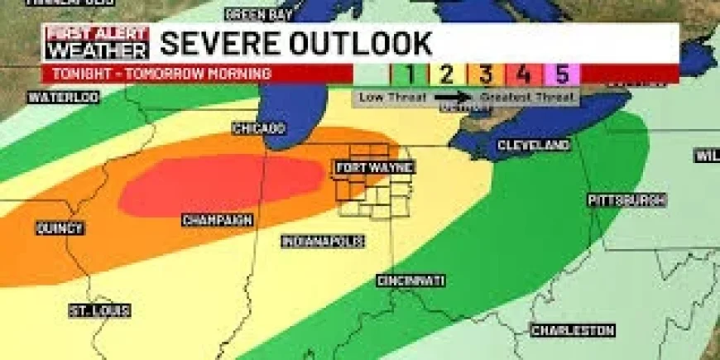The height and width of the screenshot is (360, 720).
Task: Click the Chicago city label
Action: click(x=258, y=129)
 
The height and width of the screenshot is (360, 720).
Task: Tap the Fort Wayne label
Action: click(x=375, y=168)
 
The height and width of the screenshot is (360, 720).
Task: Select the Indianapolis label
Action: click(x=322, y=242)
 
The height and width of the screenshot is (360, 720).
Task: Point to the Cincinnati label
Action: click(x=410, y=281)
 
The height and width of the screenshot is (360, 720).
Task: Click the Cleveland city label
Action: click(x=533, y=146)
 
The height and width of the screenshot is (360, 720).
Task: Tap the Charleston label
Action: click(x=573, y=331)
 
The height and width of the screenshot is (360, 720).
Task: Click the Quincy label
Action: click(x=60, y=228)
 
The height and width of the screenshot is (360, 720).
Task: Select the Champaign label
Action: click(x=217, y=220)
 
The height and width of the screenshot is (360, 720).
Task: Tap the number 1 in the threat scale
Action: click(x=408, y=74)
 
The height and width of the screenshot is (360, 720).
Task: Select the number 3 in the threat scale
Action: click(x=485, y=74)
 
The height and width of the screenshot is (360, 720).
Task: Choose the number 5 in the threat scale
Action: click(x=562, y=74)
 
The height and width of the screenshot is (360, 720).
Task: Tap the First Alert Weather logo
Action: click(x=97, y=43)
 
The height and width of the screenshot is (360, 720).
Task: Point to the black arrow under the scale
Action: click(x=453, y=97)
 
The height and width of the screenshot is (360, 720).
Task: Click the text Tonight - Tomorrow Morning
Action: click(x=161, y=74)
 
